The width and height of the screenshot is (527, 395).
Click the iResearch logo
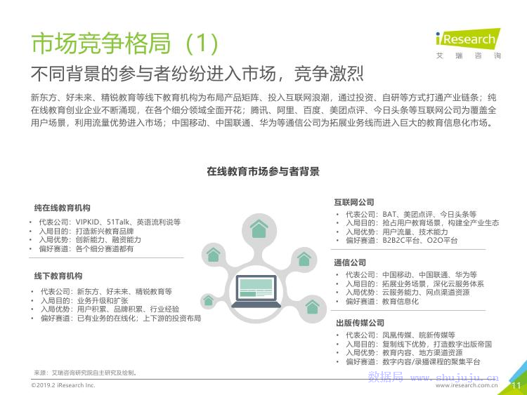click(468, 43)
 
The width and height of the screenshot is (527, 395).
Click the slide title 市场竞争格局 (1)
click(124, 43)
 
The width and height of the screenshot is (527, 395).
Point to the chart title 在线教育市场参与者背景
click(263, 171)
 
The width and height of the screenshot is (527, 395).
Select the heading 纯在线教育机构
click(62, 208)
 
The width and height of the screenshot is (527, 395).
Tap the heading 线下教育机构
click(58, 276)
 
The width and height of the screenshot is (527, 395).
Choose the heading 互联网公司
click(354, 202)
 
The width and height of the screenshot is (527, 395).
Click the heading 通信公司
click(350, 263)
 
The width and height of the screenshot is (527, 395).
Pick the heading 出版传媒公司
click(360, 323)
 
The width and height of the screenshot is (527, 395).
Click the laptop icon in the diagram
click(256, 291)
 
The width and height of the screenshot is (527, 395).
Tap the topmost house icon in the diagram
click(259, 229)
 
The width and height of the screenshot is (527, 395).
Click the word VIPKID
click(88, 222)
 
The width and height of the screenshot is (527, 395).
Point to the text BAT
click(389, 214)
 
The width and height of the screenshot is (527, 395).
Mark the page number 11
click(516, 386)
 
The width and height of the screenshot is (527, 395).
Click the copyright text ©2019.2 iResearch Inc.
click(63, 385)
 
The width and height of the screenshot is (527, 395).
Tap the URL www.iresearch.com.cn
click(467, 386)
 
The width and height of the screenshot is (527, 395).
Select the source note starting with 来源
click(85, 373)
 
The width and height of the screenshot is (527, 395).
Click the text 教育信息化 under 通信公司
click(401, 302)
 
